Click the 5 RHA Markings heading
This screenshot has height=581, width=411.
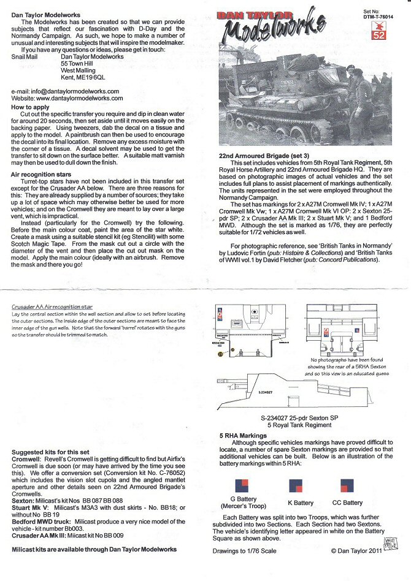coord(243,436)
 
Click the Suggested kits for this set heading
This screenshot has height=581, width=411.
coord(51,452)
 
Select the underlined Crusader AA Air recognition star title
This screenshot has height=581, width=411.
coord(52,306)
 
